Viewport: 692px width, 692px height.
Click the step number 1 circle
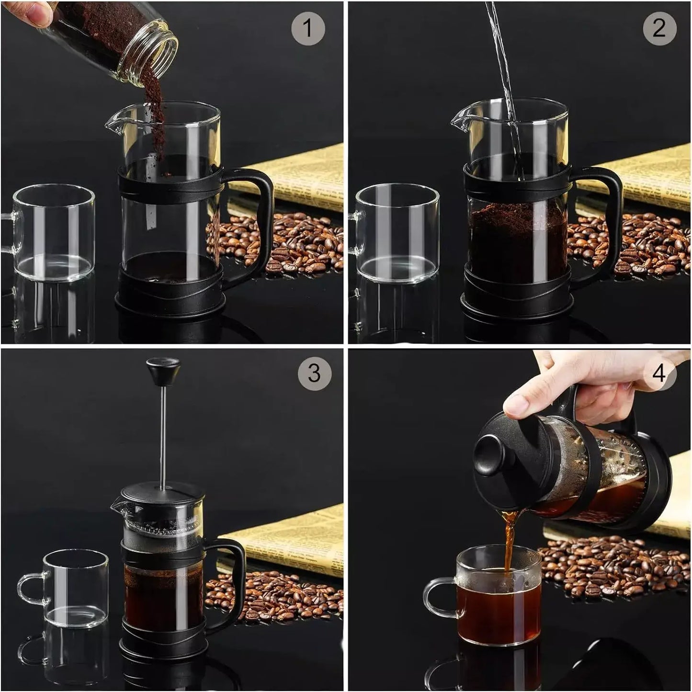pos(308,28)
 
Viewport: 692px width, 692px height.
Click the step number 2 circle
pos(659,28)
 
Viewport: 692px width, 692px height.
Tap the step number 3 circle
pos(314,372)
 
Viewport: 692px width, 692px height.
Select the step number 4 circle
pos(659,372)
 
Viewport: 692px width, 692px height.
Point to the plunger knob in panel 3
pos(163,368)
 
